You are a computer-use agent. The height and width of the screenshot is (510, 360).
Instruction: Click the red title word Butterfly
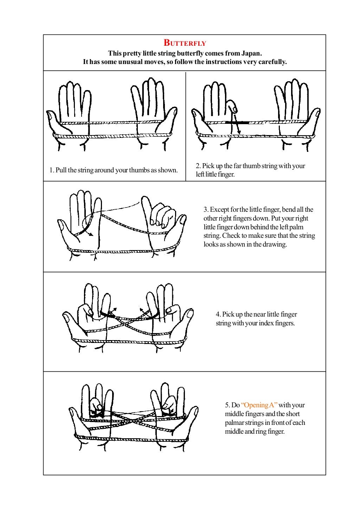click(185, 43)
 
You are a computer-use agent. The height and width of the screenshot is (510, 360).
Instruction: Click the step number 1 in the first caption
click(51, 171)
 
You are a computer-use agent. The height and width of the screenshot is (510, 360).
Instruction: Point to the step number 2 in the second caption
click(198, 166)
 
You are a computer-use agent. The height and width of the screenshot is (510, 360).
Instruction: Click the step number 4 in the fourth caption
click(218, 314)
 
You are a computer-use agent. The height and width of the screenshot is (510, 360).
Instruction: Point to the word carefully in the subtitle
click(272, 62)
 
